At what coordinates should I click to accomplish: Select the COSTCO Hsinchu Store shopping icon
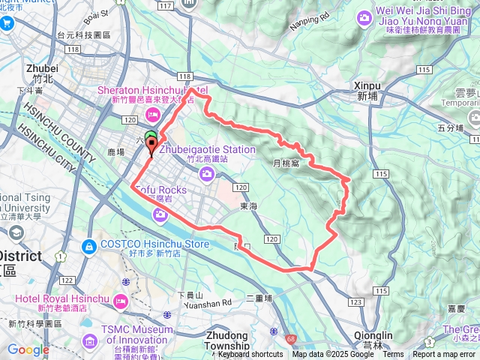coord(89,245)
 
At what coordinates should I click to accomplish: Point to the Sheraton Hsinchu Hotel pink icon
coord(154,113)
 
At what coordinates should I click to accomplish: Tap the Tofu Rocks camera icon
coord(160,216)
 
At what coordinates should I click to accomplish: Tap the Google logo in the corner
coord(28,349)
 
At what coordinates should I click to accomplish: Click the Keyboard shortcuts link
coord(250,355)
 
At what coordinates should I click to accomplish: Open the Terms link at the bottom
coord(393,355)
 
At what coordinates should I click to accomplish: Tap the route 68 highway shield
coord(289,338)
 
